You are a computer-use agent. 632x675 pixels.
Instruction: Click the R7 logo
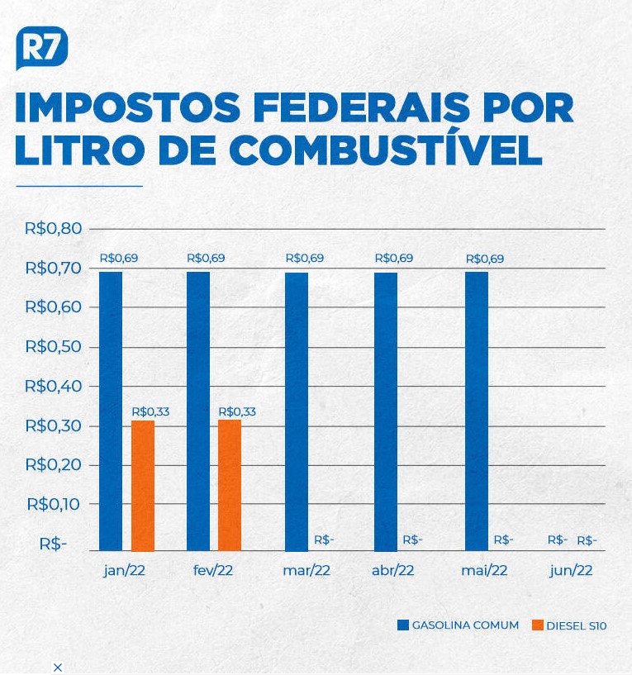coord(42,47)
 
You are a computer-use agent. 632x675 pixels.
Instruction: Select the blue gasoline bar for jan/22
coord(111,411)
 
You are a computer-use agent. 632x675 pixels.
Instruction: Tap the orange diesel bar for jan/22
coord(143,486)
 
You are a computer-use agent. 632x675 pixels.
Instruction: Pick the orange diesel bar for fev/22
coord(230,486)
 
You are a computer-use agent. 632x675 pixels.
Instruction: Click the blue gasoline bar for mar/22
coord(297,412)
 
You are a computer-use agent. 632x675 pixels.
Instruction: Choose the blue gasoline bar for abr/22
coord(386,412)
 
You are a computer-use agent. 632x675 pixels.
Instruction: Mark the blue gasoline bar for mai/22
coord(477,411)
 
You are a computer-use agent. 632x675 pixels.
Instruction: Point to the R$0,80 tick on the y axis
coord(53,228)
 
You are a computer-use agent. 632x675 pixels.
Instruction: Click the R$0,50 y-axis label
coord(53,346)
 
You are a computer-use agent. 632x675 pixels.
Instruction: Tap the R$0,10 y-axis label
coord(54,504)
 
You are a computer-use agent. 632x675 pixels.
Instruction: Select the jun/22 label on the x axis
coord(571,571)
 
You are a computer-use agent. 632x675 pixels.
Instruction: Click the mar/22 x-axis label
coord(306,570)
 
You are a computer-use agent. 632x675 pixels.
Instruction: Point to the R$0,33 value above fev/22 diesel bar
coord(237,411)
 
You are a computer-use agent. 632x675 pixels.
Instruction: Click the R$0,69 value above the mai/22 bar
coord(485,259)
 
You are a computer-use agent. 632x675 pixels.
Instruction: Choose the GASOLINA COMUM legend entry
coord(458,625)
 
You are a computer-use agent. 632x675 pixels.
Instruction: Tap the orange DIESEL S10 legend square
coord(538,625)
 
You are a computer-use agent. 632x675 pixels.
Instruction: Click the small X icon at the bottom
coord(58,668)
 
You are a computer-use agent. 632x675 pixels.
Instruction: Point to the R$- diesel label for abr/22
coord(412,540)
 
